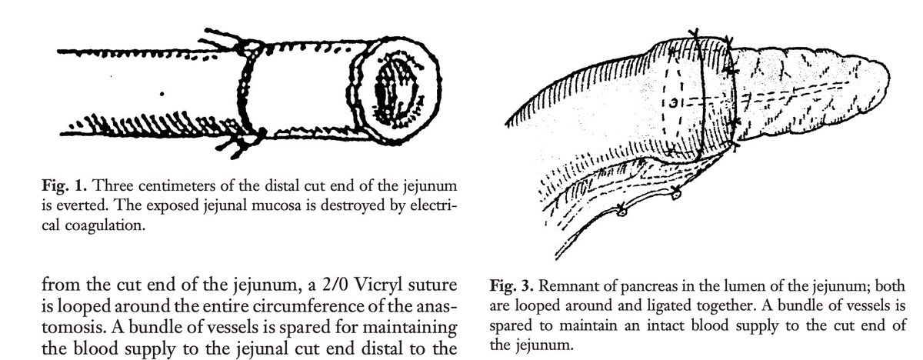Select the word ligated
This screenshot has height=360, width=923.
tap(645, 305)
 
